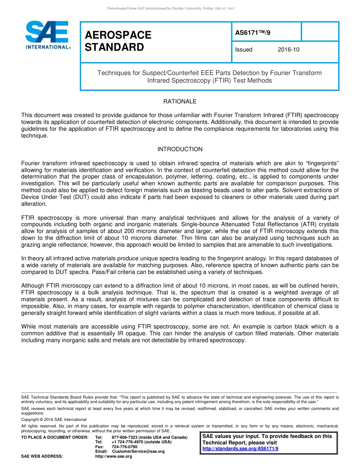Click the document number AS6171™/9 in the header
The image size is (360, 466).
(x=253, y=33)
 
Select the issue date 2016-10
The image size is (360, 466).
(x=288, y=50)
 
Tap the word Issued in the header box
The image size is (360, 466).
(x=244, y=50)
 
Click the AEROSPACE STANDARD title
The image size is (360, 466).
(x=118, y=41)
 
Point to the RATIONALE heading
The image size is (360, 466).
(x=180, y=102)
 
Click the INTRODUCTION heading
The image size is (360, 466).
(x=180, y=149)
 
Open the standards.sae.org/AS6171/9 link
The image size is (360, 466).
(x=240, y=449)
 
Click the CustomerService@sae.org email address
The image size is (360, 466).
(x=138, y=451)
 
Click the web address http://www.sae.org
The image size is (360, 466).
(x=114, y=456)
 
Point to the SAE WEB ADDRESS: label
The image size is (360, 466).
(x=42, y=456)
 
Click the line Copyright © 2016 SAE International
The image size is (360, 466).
(x=54, y=419)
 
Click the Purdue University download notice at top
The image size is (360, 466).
(x=171, y=8)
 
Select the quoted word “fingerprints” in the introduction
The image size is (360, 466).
(x=324, y=163)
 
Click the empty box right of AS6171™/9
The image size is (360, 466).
(x=320, y=31)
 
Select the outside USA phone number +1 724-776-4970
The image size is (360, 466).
(x=127, y=442)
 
